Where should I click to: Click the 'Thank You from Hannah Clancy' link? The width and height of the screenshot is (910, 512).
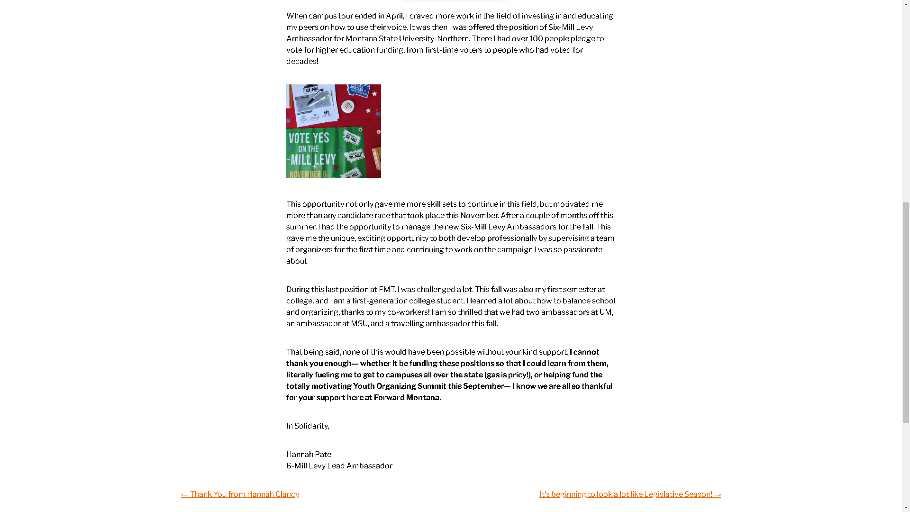(240, 494)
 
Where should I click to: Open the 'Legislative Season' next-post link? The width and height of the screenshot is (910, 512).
(630, 494)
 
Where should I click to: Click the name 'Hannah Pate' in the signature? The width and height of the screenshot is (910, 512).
(309, 455)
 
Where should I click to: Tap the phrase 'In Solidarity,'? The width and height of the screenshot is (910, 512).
(308, 426)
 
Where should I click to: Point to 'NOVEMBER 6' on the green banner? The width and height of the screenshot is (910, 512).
(308, 174)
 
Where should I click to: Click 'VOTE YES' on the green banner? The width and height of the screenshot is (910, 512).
(309, 138)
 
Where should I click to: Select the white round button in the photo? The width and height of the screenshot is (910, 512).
(349, 106)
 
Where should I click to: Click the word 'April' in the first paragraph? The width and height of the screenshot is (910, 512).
(394, 16)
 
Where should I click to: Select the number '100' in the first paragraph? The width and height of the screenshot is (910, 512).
(536, 39)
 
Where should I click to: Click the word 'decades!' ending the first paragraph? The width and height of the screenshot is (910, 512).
(302, 62)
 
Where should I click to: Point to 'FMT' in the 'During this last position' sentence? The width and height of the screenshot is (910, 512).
(387, 290)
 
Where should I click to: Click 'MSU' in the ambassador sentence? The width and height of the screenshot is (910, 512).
(359, 324)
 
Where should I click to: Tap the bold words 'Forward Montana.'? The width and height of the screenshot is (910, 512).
(407, 398)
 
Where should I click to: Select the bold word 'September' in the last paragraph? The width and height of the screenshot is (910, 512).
(483, 386)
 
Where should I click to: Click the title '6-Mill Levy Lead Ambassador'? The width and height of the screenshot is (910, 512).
(339, 466)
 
